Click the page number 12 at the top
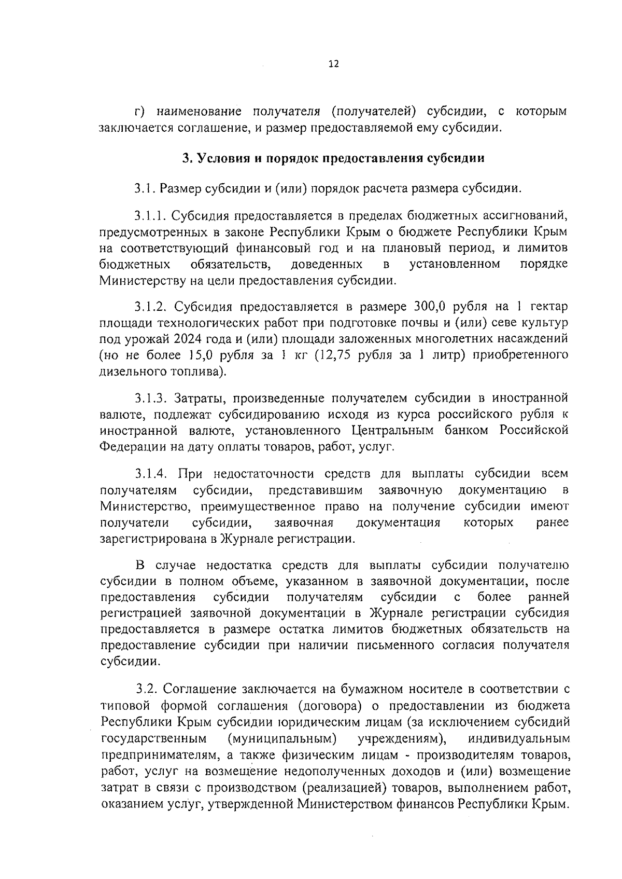click(x=333, y=64)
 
